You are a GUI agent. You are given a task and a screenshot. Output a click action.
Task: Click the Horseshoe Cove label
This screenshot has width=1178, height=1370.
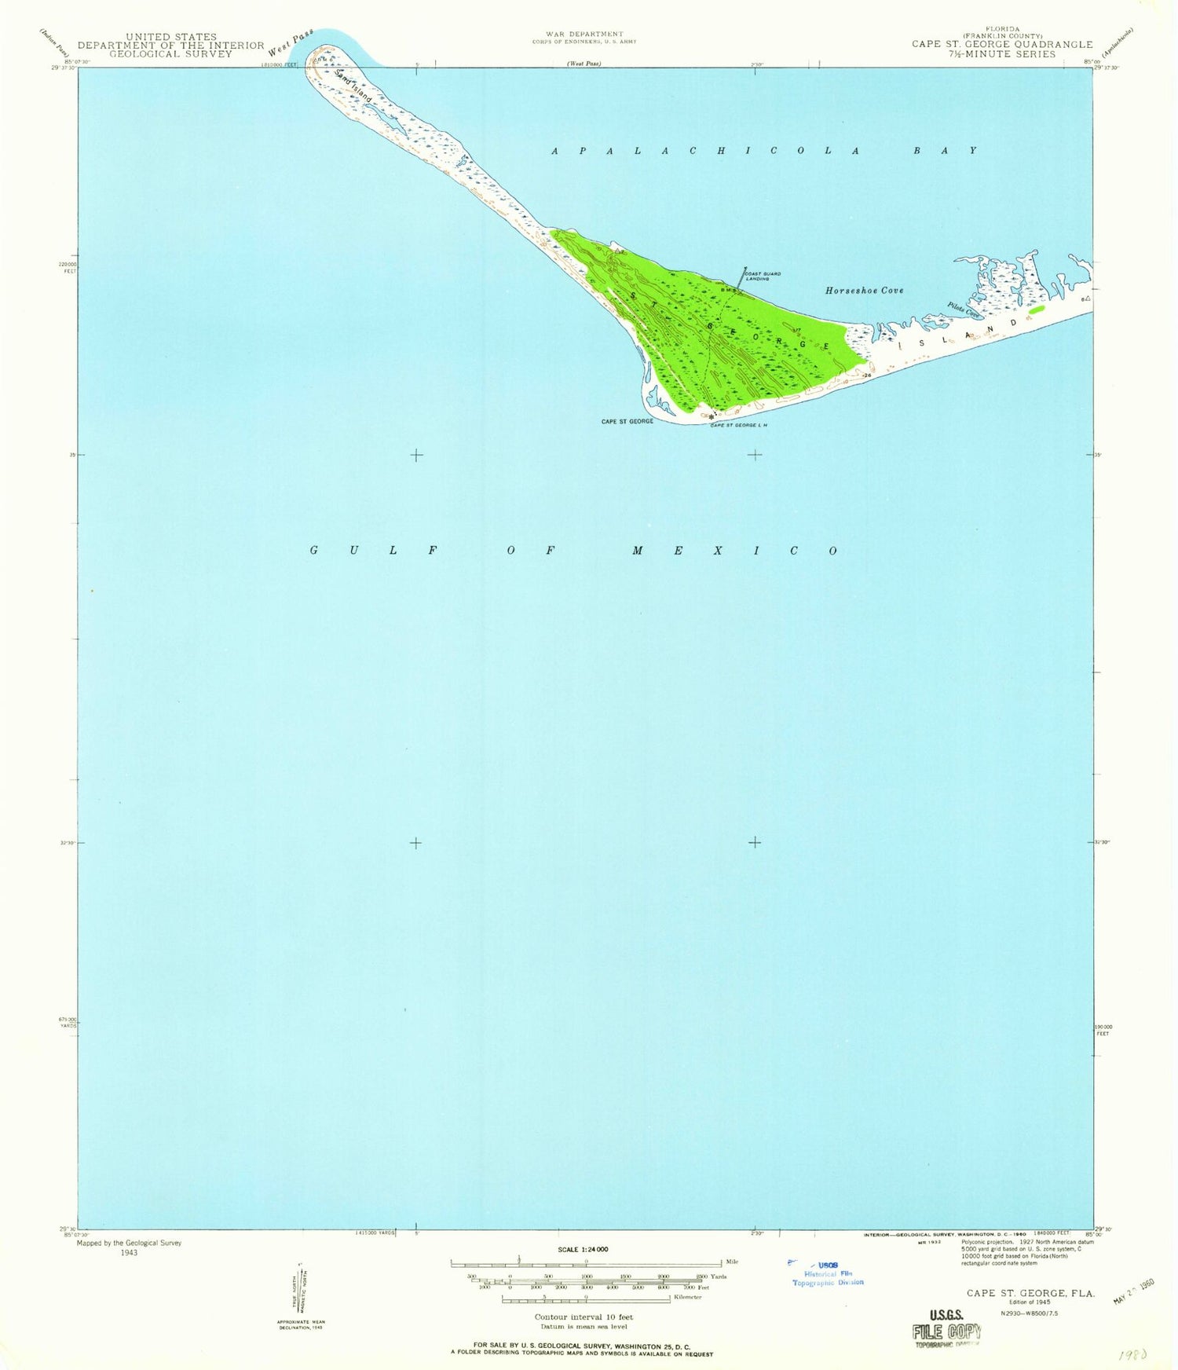(x=864, y=290)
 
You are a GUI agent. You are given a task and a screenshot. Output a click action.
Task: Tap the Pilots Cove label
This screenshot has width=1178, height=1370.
(x=964, y=310)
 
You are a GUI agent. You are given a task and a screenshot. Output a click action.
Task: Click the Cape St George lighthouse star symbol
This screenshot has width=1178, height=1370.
(x=712, y=416)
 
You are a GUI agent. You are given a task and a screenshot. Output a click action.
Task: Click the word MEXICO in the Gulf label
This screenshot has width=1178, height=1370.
(x=735, y=551)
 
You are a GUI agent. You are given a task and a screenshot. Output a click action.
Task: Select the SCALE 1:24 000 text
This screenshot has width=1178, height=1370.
(x=584, y=1249)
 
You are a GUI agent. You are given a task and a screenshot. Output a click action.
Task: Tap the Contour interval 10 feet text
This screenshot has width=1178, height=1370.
(x=584, y=1317)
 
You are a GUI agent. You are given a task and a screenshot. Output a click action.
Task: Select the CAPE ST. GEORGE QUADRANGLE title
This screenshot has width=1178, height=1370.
(x=1001, y=45)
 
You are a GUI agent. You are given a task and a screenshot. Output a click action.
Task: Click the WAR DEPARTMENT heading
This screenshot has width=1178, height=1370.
(x=584, y=34)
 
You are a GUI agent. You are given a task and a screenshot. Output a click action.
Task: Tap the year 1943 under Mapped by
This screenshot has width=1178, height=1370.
(x=129, y=1253)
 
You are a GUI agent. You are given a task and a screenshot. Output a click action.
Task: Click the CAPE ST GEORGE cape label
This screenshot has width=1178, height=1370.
(x=627, y=422)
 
